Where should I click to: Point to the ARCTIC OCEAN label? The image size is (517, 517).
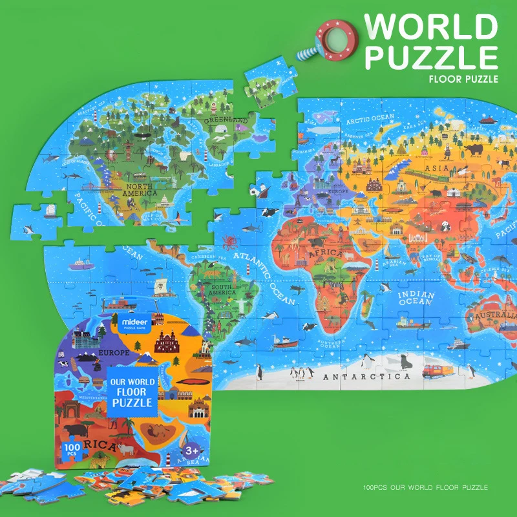[x=369, y=118]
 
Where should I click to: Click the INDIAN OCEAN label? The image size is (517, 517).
[x=416, y=298]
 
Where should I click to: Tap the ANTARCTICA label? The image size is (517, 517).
[x=366, y=376]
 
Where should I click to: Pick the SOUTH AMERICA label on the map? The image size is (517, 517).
[x=222, y=289]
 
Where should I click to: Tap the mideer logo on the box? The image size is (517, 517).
[x=132, y=319]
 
